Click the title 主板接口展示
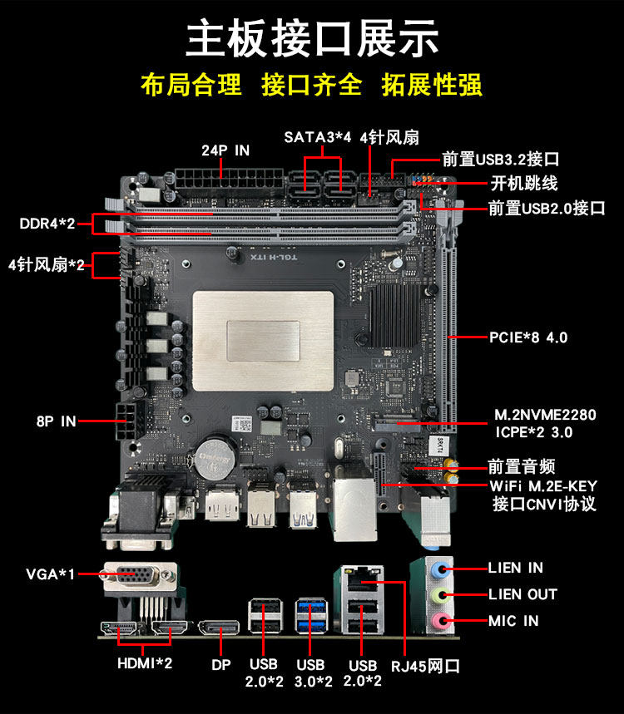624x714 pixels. (312, 38)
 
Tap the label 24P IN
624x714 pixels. (225, 150)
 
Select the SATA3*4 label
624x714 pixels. (318, 137)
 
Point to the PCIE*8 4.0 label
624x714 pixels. (528, 337)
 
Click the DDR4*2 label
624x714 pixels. (47, 224)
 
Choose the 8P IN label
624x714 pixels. (56, 421)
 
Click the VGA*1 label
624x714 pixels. (50, 574)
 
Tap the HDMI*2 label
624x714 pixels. (145, 663)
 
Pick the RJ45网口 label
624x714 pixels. (425, 666)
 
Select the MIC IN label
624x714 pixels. (513, 621)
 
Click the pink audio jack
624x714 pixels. (440, 621)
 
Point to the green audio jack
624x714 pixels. (440, 594)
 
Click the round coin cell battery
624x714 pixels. (215, 458)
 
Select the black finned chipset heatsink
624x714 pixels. (394, 315)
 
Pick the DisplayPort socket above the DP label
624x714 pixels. (219, 628)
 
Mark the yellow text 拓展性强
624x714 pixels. (432, 85)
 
